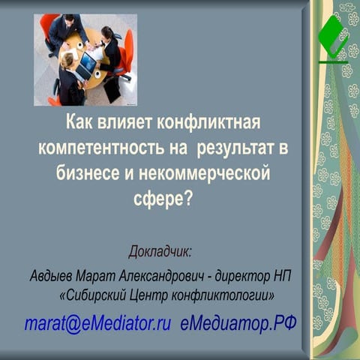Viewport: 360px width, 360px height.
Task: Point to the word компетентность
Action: (106, 148)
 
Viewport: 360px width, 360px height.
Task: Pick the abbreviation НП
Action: (280, 276)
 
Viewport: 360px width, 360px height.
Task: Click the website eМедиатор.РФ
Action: (238, 324)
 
